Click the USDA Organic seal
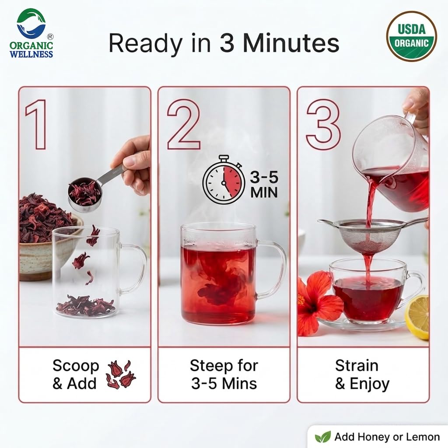click(411, 36)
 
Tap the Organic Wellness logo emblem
click(31, 23)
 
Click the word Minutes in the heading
click(291, 43)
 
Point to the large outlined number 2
click(184, 125)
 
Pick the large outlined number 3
click(323, 125)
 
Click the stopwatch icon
click(224, 180)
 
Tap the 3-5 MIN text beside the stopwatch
click(264, 185)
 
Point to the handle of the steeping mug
click(273, 269)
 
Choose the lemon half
click(418, 317)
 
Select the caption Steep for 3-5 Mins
click(224, 374)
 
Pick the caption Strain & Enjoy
click(362, 374)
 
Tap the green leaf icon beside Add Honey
click(322, 437)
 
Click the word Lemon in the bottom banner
click(423, 437)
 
